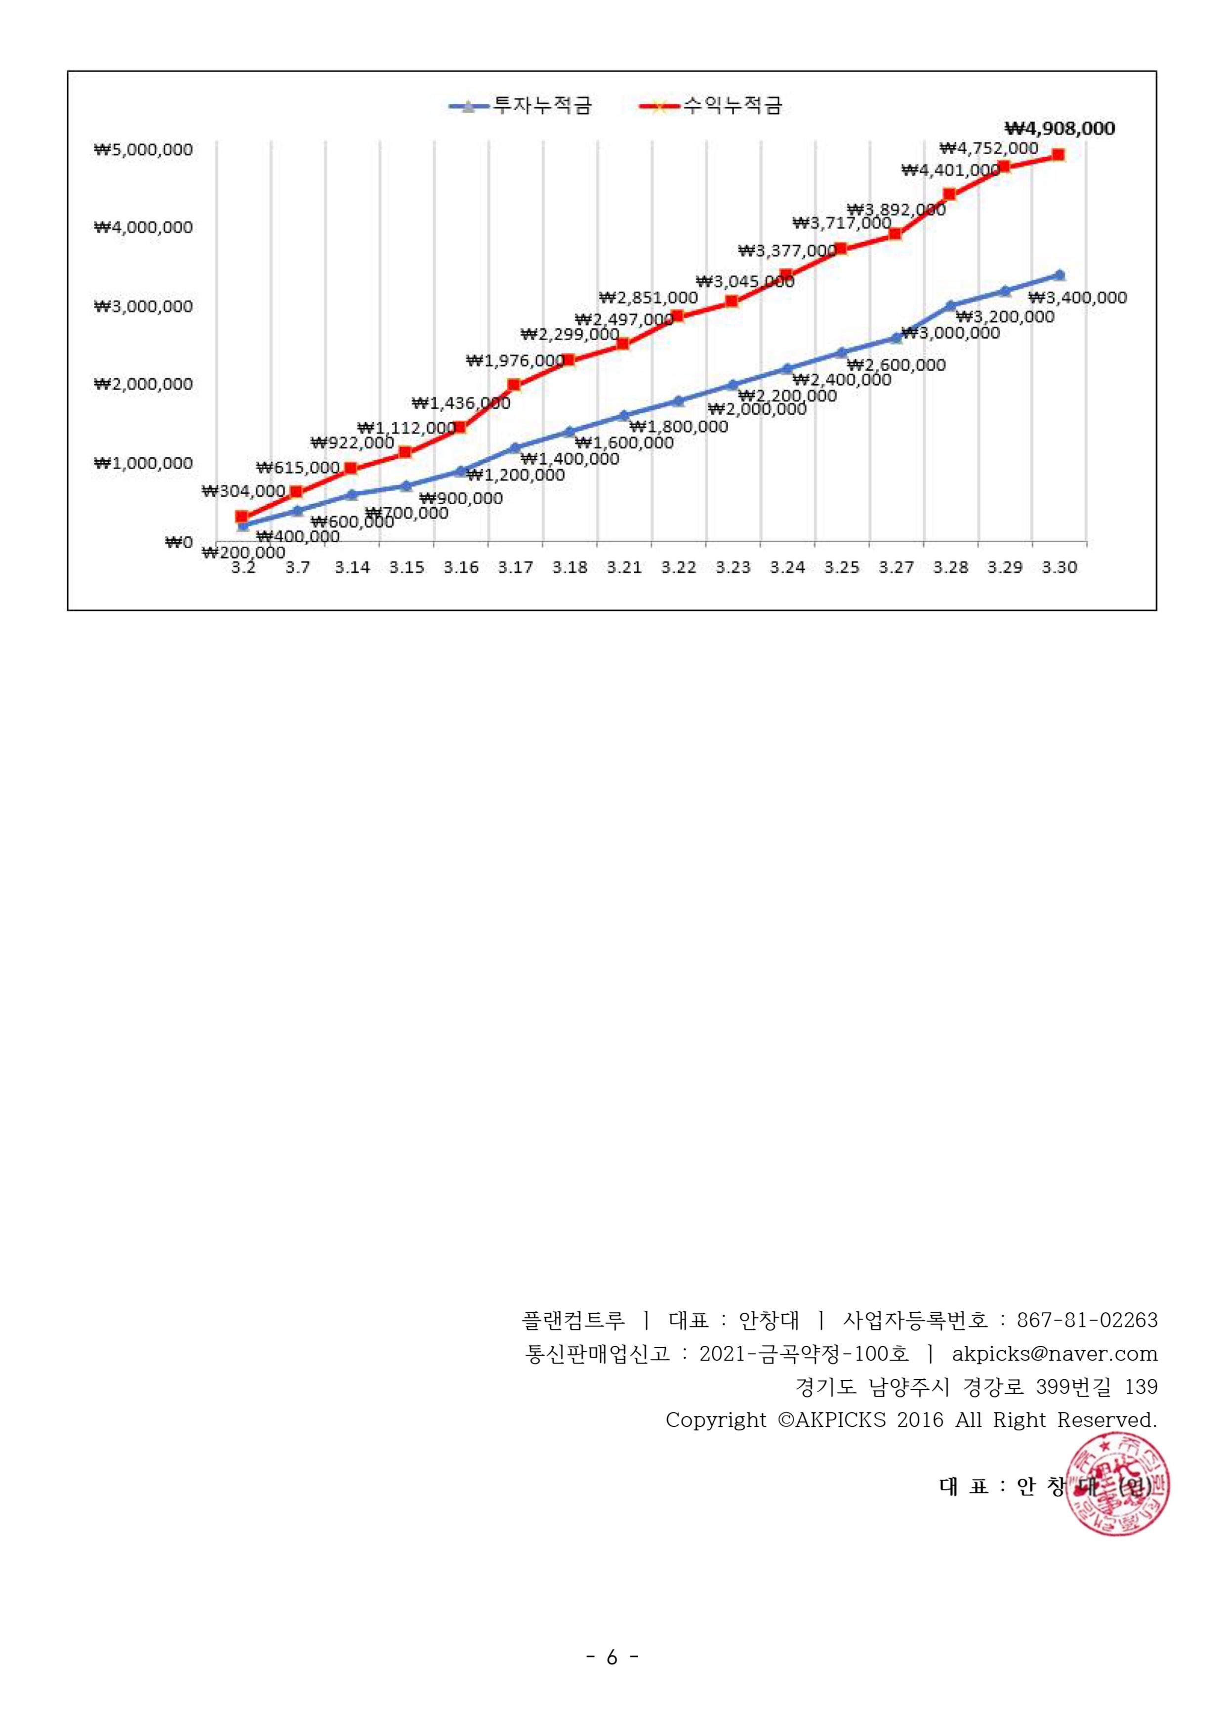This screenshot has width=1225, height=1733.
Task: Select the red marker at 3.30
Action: pos(1058,155)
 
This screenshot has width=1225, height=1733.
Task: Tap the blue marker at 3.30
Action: pos(1060,275)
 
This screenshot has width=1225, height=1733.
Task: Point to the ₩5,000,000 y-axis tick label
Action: pos(143,150)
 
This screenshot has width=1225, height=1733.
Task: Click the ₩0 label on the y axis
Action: pos(179,542)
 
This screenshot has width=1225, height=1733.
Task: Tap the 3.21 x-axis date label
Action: pos(624,567)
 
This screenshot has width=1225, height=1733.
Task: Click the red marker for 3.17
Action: pos(514,385)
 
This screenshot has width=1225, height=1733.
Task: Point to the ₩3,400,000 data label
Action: pos(1077,297)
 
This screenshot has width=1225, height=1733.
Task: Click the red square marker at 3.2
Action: pos(242,517)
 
